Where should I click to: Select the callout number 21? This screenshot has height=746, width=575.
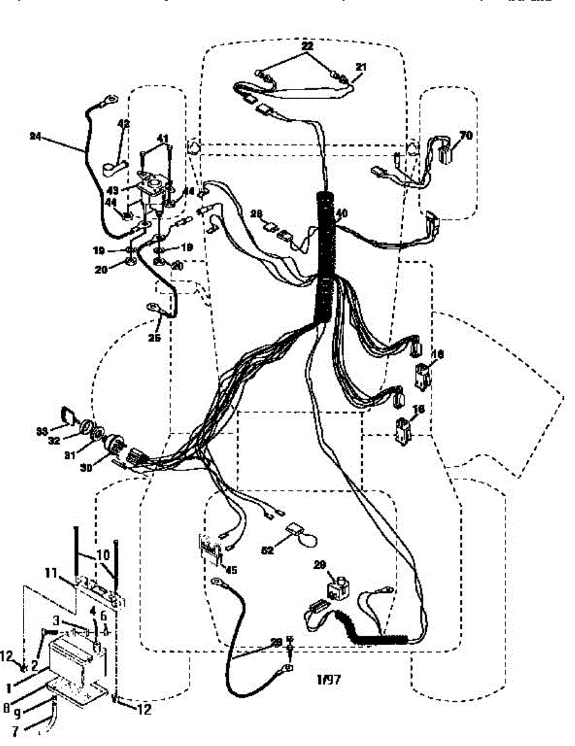pos(361,66)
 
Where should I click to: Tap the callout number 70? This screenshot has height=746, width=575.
pos(465,135)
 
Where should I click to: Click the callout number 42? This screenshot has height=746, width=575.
pos(124,124)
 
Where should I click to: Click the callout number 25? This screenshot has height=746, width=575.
pos(154,338)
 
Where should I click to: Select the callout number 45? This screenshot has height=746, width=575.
pos(231,569)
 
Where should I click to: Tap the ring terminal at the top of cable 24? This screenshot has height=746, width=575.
pos(111,98)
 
